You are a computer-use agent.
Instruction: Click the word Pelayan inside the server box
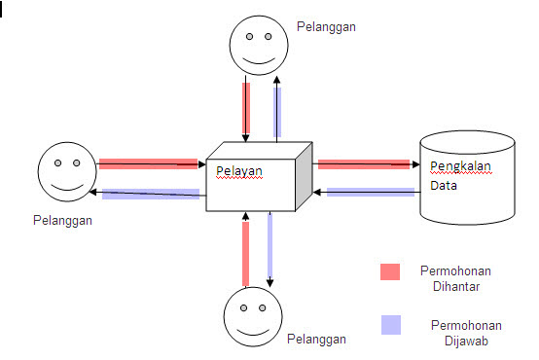coord(239,171)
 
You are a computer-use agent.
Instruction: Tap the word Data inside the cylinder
coord(444,184)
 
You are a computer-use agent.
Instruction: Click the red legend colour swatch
coord(389,271)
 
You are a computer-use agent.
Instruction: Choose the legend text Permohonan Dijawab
coord(453,331)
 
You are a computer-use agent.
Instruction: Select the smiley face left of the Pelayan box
coord(65,171)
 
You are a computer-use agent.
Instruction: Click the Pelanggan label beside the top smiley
coord(326,26)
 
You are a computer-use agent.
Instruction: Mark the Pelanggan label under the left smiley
coord(63,221)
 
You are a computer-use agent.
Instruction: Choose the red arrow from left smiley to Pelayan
coord(147,163)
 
